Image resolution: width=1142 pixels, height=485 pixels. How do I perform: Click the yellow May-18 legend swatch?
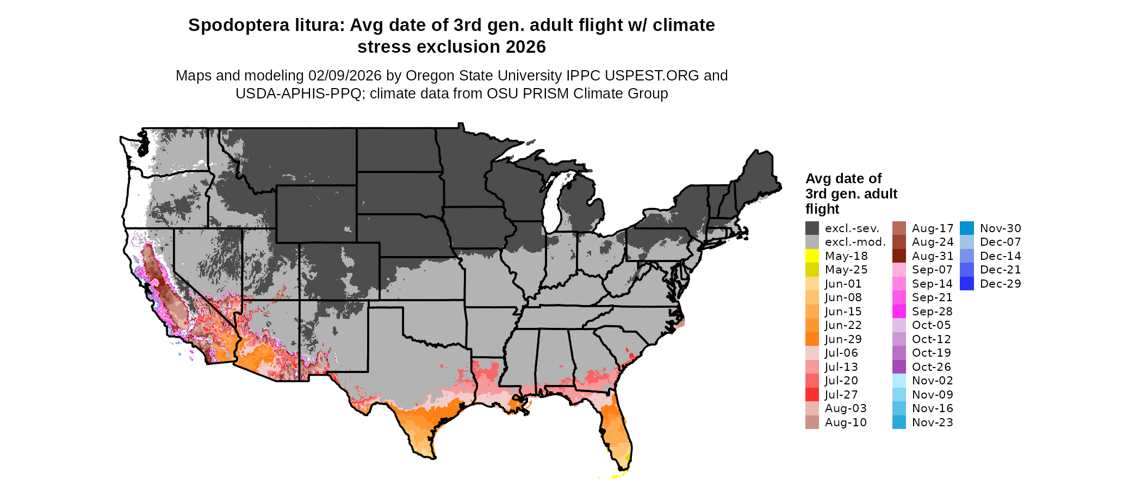tap(812, 256)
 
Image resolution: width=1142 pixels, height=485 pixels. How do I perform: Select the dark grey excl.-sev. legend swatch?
tap(812, 228)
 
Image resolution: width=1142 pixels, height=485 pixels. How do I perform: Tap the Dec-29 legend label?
tap(1001, 284)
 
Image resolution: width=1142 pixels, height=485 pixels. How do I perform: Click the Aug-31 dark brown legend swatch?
tap(899, 256)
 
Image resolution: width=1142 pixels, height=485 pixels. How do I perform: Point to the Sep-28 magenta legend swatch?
tap(899, 312)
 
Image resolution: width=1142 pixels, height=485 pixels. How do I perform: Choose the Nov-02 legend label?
tap(932, 381)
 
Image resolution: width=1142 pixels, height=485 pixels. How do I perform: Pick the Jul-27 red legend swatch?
tap(812, 395)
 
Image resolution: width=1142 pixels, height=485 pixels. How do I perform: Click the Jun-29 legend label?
tap(843, 339)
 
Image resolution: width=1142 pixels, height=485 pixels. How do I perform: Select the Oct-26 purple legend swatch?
tap(899, 367)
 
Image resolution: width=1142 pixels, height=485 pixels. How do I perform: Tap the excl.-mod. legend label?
tap(855, 242)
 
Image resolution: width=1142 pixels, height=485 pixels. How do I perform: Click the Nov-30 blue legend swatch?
tap(967, 228)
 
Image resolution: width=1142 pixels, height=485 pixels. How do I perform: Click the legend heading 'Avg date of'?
tap(843, 179)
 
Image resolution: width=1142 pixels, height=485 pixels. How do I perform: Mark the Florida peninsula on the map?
tap(618, 430)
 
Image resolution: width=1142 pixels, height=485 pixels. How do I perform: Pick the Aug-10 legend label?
tap(846, 422)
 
